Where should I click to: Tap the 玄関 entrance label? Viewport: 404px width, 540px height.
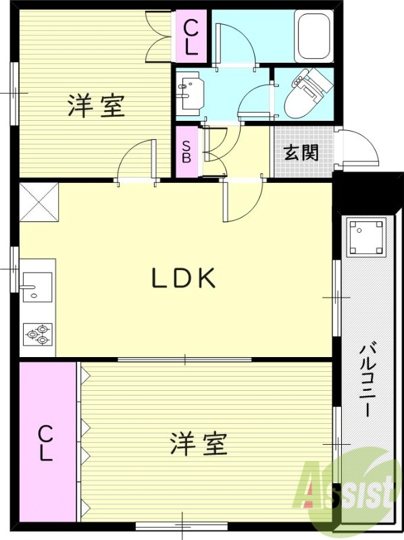point(301,153)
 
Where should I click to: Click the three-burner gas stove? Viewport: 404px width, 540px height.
point(38,333)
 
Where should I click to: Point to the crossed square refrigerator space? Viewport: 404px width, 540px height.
point(39,201)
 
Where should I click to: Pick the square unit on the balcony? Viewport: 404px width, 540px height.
point(365,237)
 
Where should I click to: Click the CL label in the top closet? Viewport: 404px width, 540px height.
point(191,38)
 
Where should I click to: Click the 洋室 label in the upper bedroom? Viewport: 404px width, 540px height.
point(96,106)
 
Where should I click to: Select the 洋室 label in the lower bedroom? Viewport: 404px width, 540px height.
point(197,443)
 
